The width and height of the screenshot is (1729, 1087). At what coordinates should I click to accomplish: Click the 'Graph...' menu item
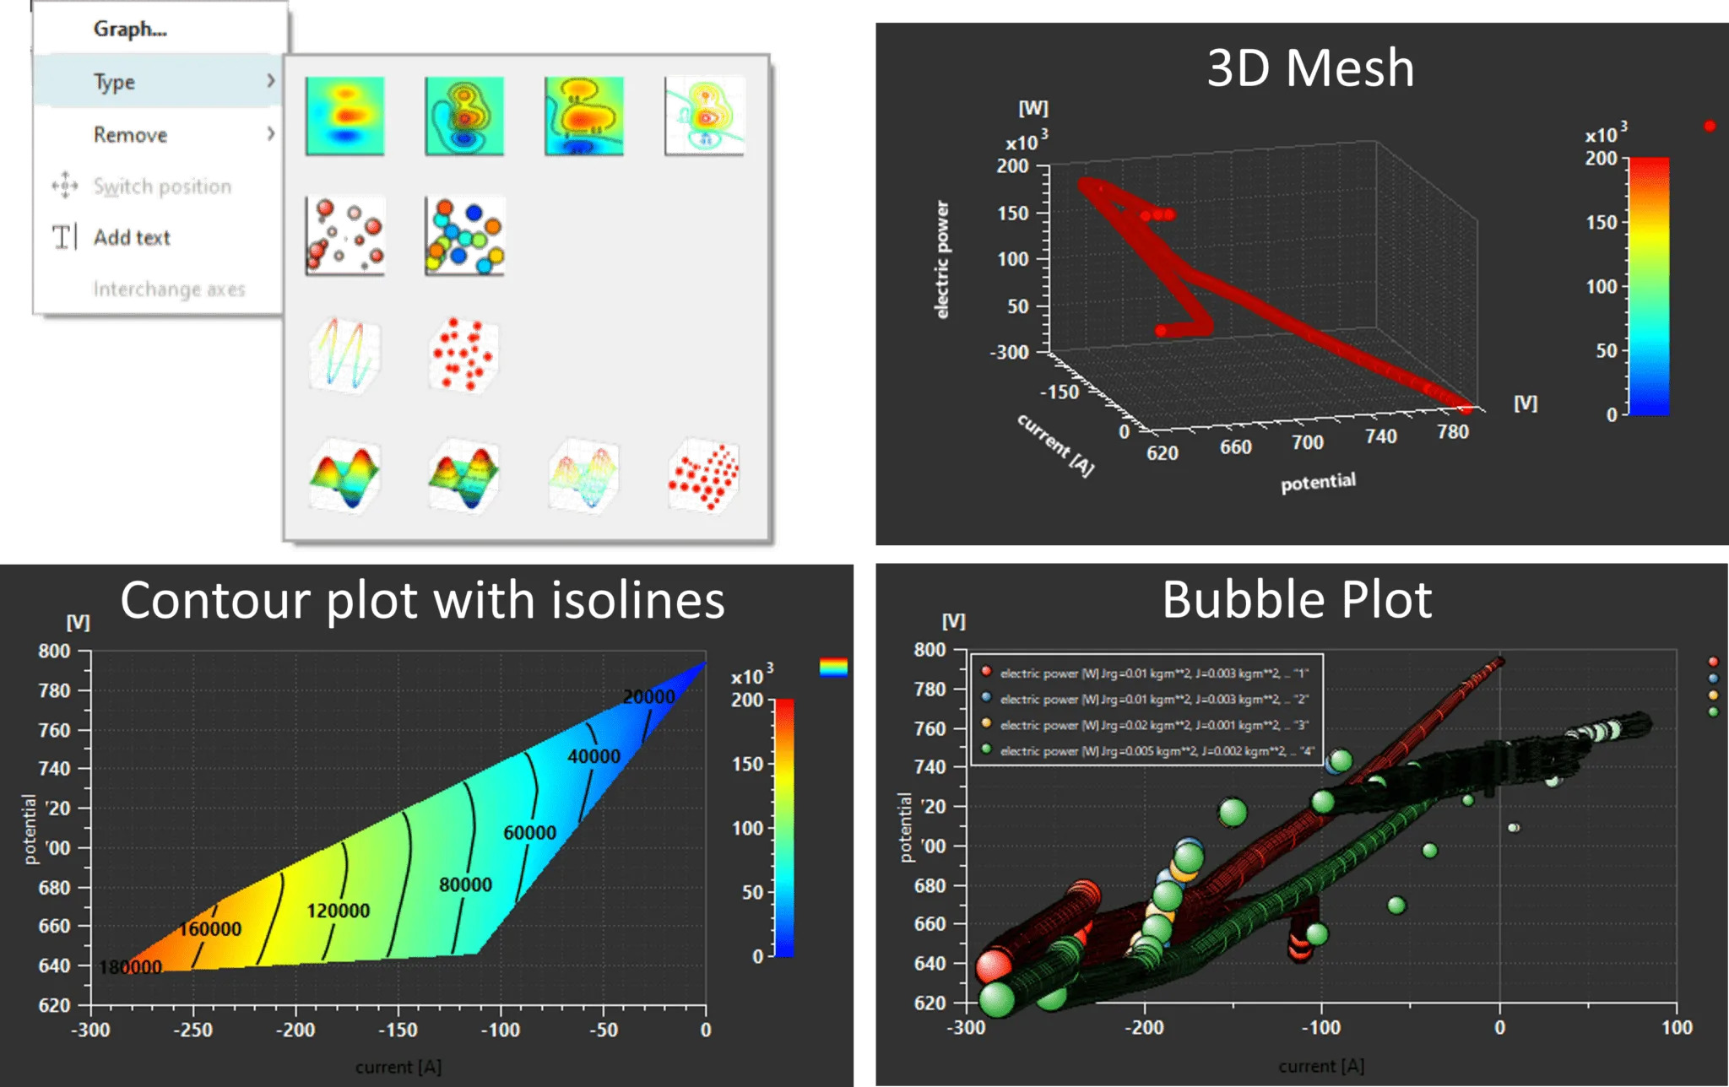[130, 29]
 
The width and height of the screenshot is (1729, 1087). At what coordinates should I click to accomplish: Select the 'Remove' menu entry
[130, 135]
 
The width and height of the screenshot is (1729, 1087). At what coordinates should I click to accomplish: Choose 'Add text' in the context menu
[132, 238]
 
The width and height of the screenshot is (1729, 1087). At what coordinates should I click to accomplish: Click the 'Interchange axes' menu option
[169, 289]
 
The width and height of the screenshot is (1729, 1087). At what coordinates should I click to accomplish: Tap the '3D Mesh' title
[1310, 68]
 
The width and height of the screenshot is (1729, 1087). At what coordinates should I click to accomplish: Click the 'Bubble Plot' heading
[1297, 600]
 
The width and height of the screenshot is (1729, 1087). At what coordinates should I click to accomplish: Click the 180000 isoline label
[131, 967]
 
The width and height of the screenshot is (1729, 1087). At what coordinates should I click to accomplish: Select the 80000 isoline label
[465, 884]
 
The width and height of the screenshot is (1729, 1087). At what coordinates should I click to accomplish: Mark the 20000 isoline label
[648, 697]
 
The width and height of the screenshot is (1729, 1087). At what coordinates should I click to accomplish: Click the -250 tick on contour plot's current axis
[193, 1030]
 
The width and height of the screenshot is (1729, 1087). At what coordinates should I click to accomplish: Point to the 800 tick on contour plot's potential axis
[54, 652]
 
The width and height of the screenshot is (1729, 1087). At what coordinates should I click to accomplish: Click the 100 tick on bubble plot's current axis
[1677, 1028]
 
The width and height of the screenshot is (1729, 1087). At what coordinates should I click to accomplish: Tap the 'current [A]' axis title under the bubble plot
[1321, 1066]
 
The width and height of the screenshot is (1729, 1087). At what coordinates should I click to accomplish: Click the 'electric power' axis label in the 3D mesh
[942, 260]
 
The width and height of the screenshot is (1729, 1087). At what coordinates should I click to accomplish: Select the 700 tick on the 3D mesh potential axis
[1307, 442]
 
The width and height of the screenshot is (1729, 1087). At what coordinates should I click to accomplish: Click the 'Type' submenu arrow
[271, 81]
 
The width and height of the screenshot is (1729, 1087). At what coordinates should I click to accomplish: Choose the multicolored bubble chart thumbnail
[464, 236]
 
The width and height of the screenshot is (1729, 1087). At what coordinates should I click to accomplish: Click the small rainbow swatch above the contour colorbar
[833, 668]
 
